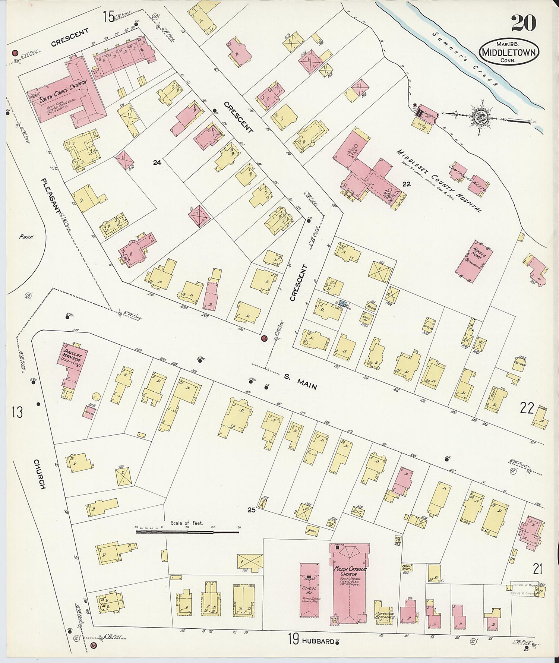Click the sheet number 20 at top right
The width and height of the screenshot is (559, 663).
point(523,23)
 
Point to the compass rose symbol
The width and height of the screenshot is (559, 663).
point(478,116)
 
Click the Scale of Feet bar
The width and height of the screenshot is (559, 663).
point(187,531)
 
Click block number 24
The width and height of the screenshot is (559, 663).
point(157,162)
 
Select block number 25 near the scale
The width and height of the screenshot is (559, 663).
point(252,510)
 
